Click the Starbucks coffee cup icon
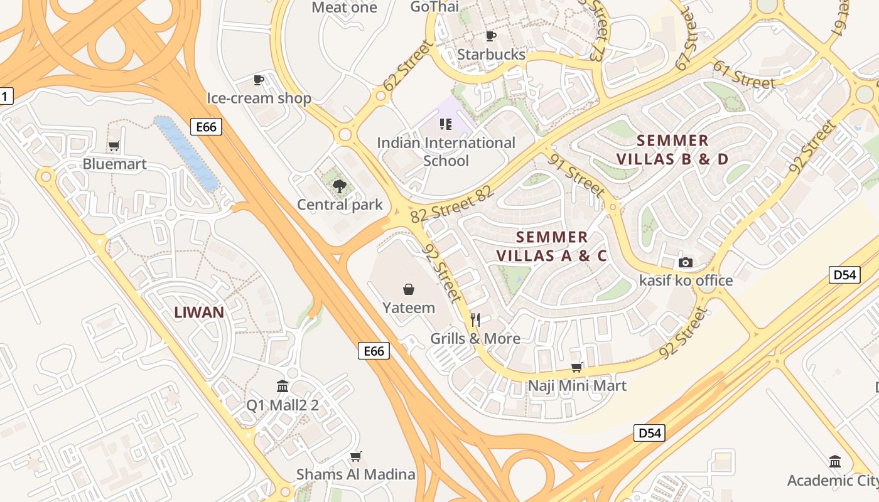[x=491, y=36]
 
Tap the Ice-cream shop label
[x=259, y=99]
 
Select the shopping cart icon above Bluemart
[x=114, y=146]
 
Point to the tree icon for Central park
[x=339, y=186]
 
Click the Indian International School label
[x=446, y=152]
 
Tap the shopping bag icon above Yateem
[x=409, y=289]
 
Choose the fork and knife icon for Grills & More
[x=475, y=320]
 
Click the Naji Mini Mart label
[x=577, y=385]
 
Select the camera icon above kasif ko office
[x=686, y=262]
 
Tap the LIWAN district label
[x=199, y=312]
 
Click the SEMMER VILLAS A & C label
[x=552, y=247]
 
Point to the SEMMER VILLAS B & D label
[x=672, y=149]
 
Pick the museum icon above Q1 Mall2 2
[x=283, y=386]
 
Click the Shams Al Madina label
[x=356, y=474]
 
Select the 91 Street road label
[x=576, y=175]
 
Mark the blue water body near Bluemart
[x=186, y=152]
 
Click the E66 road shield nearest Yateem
[x=374, y=351]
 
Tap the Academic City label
[x=833, y=481]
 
